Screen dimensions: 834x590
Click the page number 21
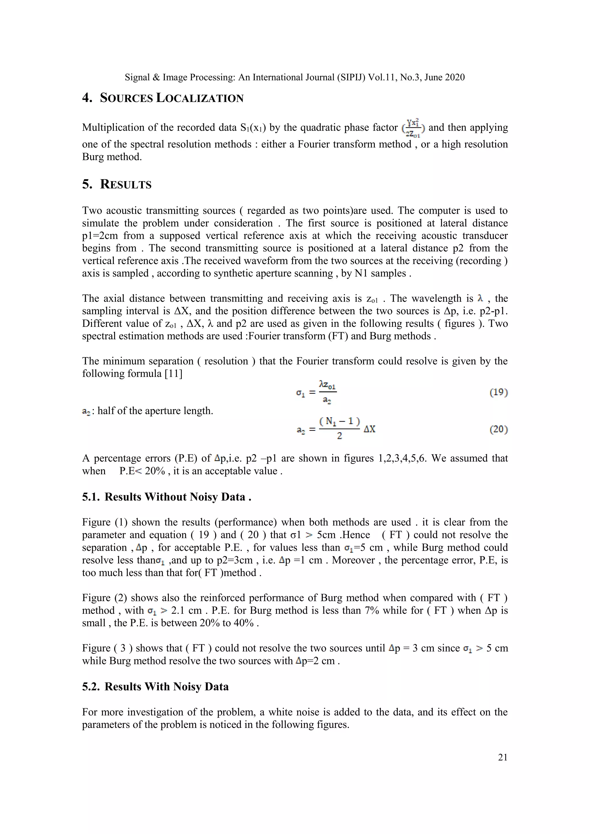(502, 757)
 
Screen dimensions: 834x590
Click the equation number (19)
(498, 392)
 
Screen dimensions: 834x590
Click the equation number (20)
(498, 429)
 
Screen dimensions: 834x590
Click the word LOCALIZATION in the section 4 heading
(200, 98)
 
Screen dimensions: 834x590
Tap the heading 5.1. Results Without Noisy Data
(167, 496)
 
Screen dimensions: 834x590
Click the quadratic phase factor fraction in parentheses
(413, 128)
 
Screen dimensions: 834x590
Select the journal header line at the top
(295, 77)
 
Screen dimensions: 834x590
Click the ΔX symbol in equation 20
(370, 429)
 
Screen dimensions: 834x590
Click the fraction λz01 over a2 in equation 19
(327, 392)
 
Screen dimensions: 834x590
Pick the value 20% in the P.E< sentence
(155, 471)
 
